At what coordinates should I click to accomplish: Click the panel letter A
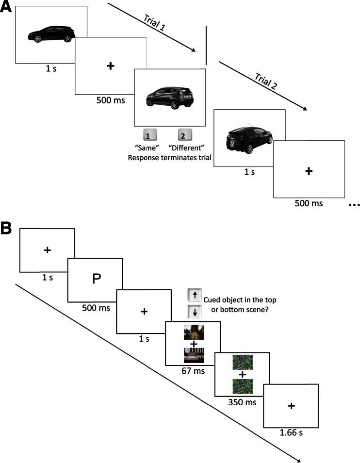pyautogui.click(x=6, y=8)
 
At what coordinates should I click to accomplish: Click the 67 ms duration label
pyautogui.click(x=193, y=371)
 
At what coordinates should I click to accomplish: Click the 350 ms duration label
pyautogui.click(x=242, y=402)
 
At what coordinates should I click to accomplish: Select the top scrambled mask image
pyautogui.click(x=242, y=363)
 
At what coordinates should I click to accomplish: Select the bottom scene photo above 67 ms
pyautogui.click(x=193, y=355)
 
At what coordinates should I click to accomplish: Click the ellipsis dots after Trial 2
pyautogui.click(x=354, y=205)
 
